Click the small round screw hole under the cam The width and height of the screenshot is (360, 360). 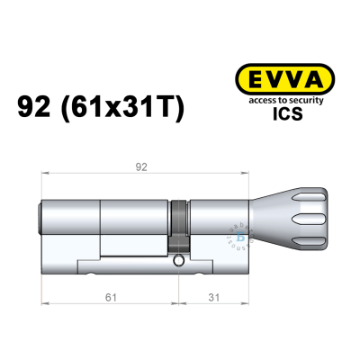tap(180, 263)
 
